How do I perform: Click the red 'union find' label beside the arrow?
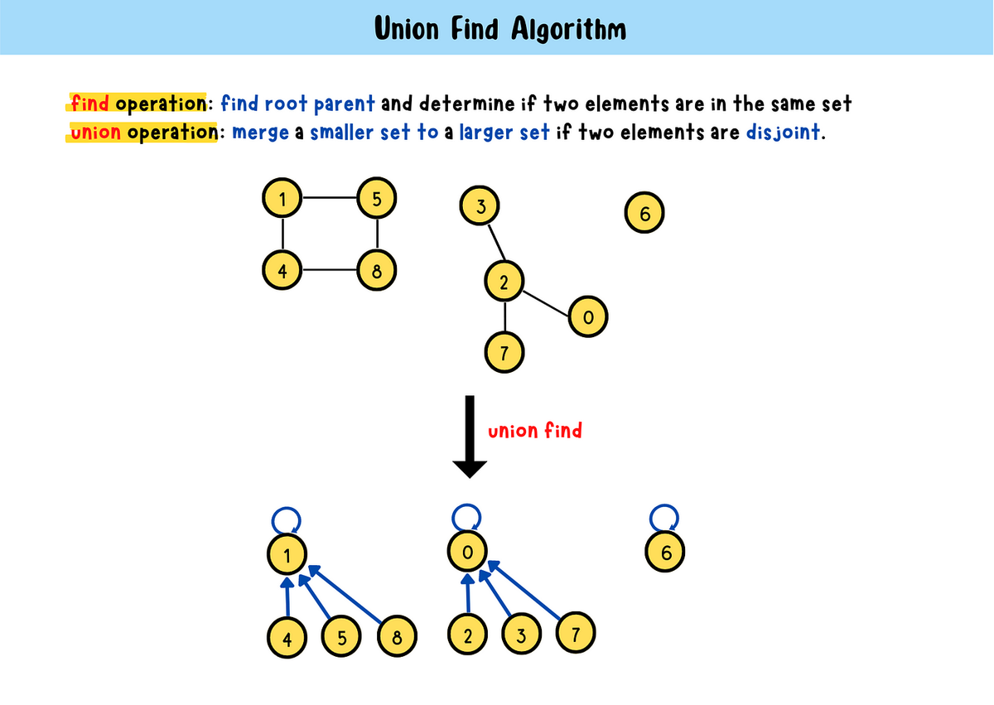click(535, 431)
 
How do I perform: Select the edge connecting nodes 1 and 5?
click(331, 199)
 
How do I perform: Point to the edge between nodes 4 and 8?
click(331, 270)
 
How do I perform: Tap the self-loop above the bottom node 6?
click(663, 519)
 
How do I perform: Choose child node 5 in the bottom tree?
click(341, 637)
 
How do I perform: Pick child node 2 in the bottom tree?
click(468, 636)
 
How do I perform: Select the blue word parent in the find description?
click(344, 104)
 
